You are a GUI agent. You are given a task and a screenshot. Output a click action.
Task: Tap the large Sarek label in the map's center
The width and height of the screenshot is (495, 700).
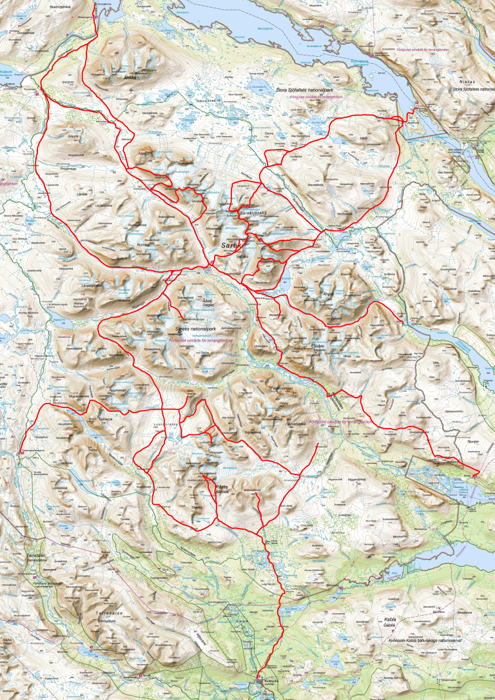pyautogui.click(x=231, y=246)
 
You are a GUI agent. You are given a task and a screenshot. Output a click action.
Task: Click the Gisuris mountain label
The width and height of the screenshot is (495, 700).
pyautogui.click(x=73, y=137)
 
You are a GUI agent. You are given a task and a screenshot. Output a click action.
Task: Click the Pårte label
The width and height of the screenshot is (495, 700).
pyautogui.click(x=223, y=487)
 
